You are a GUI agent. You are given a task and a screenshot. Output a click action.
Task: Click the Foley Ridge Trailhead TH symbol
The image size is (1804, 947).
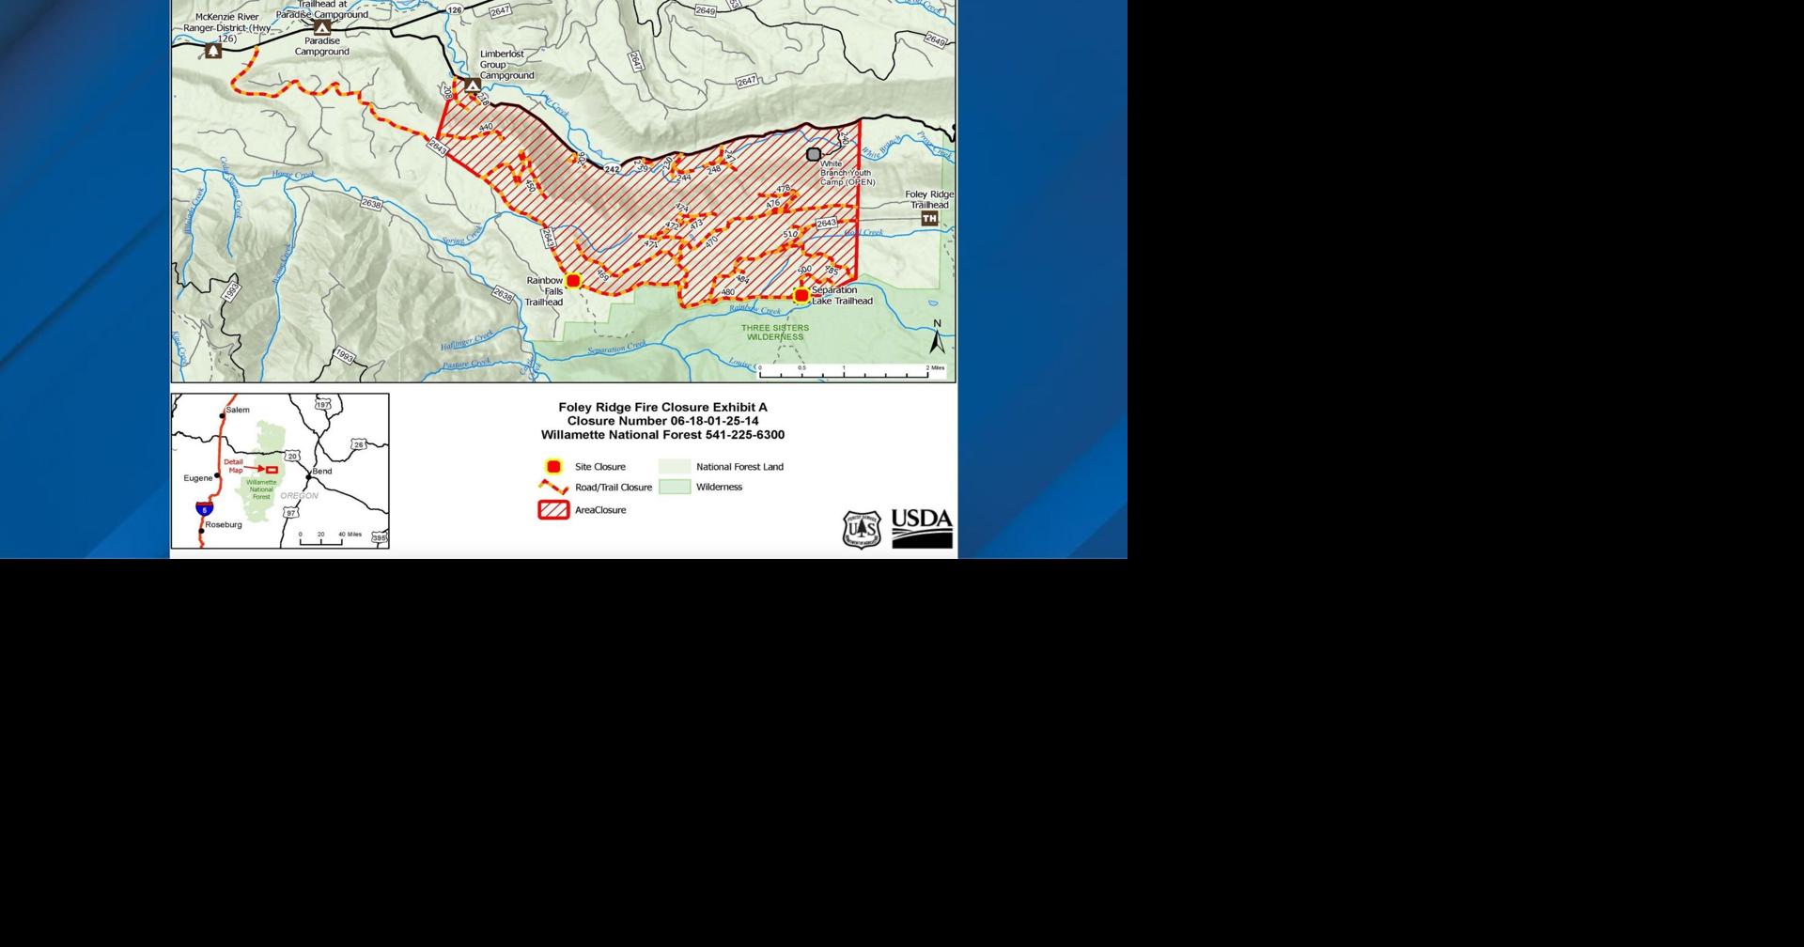tap(929, 219)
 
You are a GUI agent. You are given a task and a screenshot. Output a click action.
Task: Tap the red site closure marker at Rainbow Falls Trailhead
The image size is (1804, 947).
tap(573, 280)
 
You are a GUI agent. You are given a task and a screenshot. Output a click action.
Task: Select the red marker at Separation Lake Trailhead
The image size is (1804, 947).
tap(801, 296)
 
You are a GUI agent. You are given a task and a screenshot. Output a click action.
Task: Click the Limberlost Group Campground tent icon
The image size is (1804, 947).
tap(473, 85)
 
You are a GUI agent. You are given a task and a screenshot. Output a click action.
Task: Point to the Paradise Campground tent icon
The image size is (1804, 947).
tap(322, 28)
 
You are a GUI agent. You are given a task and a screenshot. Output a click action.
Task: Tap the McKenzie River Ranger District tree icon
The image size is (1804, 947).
tap(213, 52)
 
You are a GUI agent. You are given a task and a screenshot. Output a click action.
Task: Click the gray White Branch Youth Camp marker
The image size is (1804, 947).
tap(814, 154)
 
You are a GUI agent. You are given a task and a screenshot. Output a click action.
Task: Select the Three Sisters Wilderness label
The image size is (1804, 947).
tap(775, 333)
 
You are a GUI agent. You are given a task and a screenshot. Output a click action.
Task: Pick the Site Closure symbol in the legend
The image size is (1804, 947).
tap(553, 467)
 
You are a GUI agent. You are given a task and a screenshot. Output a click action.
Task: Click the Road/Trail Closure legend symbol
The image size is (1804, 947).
tap(553, 488)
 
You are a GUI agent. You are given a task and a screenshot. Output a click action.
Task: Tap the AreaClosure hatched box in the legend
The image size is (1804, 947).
tap(553, 510)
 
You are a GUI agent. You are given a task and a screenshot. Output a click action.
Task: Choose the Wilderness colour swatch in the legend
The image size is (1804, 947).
tap(675, 488)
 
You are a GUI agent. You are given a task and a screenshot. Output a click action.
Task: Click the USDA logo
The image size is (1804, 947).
tap(922, 528)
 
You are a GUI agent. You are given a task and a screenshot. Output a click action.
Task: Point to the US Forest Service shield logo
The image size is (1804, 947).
tap(862, 530)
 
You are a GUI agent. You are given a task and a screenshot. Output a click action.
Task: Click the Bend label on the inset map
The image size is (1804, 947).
tap(322, 472)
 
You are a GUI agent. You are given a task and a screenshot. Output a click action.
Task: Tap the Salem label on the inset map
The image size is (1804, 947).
tap(238, 410)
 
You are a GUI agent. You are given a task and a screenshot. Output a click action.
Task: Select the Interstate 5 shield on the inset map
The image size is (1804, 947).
tap(205, 509)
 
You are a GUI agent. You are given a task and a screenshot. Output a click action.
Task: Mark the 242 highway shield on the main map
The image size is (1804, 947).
tap(613, 169)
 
